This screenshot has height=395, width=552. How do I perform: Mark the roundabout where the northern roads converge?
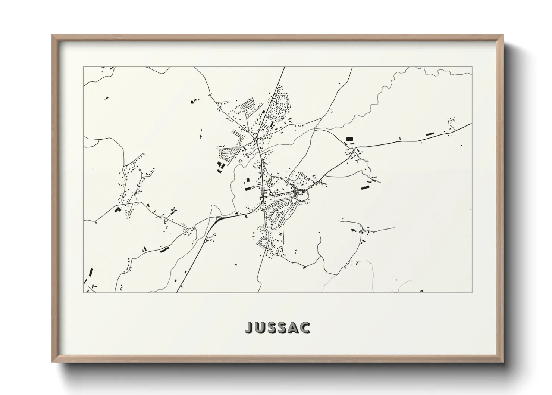255,139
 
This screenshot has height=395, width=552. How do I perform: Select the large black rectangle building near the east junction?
349,139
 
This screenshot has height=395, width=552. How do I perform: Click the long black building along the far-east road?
430,133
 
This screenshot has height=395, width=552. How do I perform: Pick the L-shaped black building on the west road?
118,209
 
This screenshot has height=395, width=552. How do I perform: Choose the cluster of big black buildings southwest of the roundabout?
220,165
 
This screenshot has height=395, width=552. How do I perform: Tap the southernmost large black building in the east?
365,187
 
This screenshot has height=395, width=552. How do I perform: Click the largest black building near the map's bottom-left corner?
90,271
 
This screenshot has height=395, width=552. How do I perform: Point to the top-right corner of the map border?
472,67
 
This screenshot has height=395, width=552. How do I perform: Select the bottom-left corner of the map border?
83,292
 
